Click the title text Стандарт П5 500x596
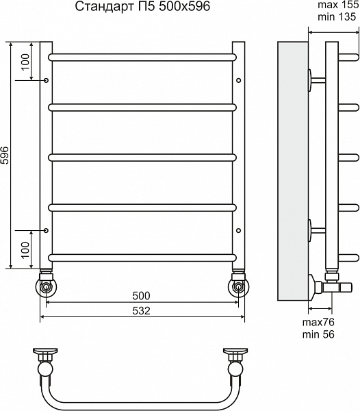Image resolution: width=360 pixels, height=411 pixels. tap(142, 6)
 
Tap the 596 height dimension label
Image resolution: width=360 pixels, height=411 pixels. tap(5, 155)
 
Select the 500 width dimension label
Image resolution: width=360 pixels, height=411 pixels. tap(141, 296)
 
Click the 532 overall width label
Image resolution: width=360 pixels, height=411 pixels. tap(141, 310)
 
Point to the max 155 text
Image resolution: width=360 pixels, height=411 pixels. tap(338, 5)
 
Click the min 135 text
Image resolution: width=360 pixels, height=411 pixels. tap(337, 16)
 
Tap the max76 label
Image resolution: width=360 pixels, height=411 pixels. tap(318, 322)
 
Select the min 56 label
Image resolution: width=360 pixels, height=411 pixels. tap(318, 334)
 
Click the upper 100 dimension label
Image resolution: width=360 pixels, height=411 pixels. tap(25, 62)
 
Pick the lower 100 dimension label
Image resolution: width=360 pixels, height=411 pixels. tap(25, 250)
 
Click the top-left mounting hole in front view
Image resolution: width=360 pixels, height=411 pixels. tap(46, 80)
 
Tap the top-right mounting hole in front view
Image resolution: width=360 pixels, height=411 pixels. tap(238, 80)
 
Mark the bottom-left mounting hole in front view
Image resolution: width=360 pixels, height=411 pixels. tap(46, 230)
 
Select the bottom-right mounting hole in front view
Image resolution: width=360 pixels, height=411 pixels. tap(238, 230)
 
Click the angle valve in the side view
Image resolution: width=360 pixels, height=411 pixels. tap(331, 287)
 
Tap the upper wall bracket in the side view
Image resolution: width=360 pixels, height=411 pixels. tap(316, 80)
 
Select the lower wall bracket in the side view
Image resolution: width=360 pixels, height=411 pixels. tap(316, 230)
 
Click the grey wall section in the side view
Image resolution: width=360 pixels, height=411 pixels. tap(293, 171)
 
